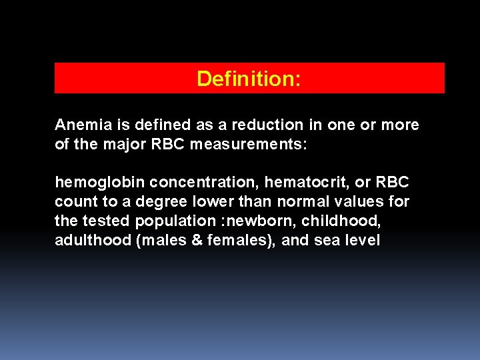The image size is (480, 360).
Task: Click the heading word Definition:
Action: [x=249, y=79]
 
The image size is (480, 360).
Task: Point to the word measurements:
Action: [x=249, y=143]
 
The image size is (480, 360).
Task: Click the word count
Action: [x=72, y=201]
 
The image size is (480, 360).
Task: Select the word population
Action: [x=171, y=221]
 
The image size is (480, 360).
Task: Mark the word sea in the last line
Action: [x=327, y=240]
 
